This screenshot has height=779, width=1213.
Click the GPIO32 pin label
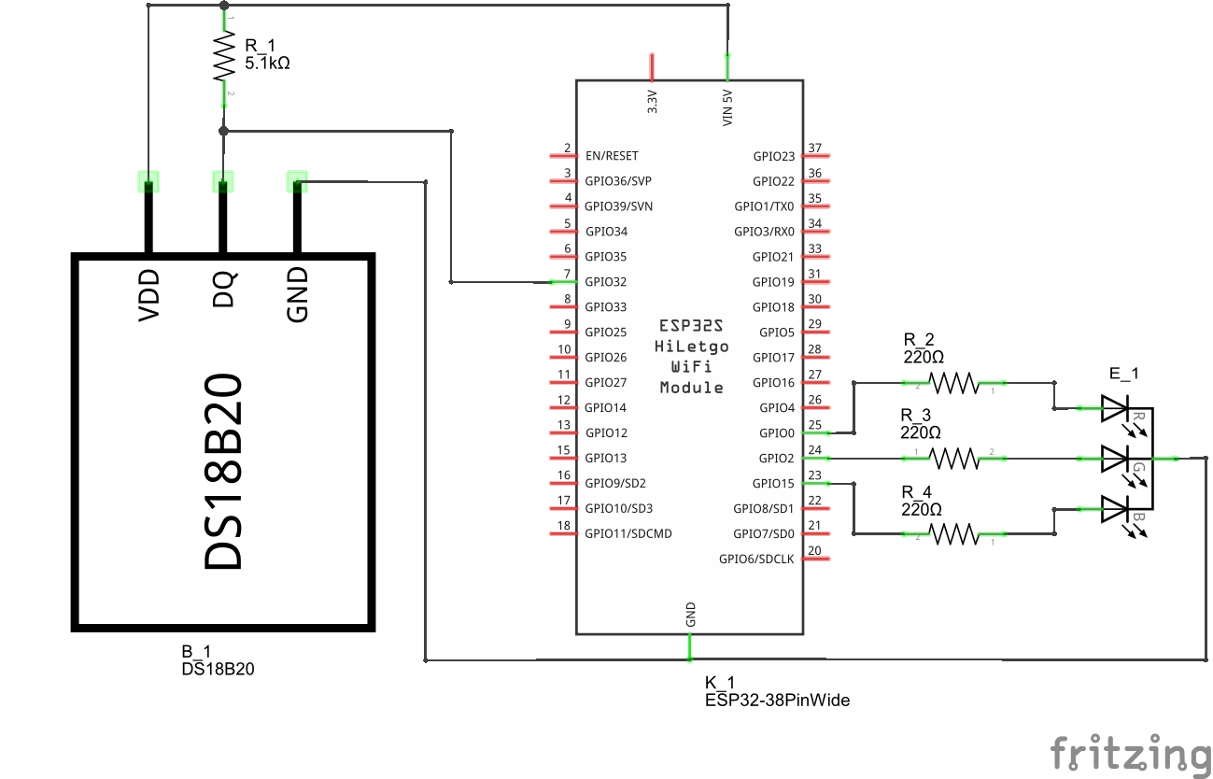coord(605,282)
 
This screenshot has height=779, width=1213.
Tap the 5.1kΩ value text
coord(267,64)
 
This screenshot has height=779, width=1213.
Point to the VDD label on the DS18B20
coord(148,295)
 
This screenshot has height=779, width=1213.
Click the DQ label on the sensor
coord(223,289)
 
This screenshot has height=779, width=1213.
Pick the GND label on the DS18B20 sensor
coord(297,295)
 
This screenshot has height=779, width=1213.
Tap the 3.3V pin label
coord(653,102)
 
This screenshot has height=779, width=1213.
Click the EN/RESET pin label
coord(612,156)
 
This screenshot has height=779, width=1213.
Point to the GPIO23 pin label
coord(773,156)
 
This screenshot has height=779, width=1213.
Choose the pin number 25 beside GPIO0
coord(814,426)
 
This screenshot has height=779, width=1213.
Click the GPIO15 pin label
coord(773,484)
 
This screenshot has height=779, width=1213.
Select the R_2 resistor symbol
coord(953,383)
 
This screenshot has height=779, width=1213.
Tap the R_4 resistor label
coord(916,492)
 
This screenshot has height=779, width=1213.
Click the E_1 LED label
coord(1123,375)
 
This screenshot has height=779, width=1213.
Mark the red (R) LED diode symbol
coord(1115,407)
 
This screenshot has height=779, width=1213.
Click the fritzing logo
coord(1130,754)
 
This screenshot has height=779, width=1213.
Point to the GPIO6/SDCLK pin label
coord(756,559)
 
